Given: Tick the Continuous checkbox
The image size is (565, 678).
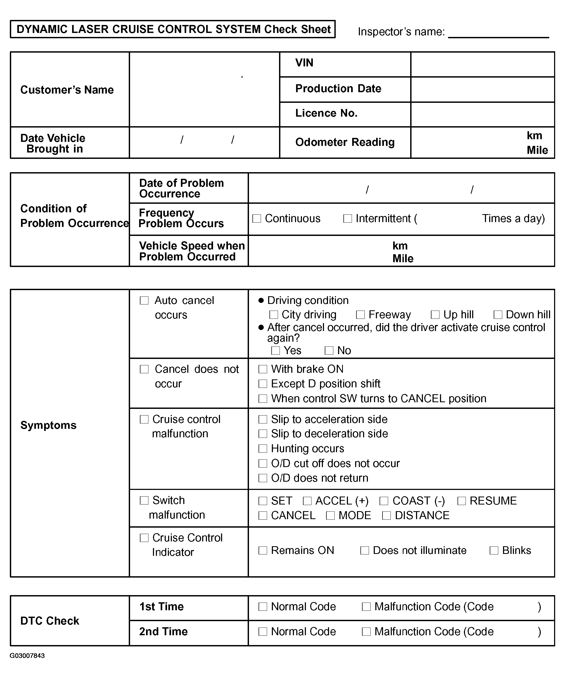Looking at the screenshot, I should [257, 219].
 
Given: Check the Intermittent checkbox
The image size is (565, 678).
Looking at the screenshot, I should [347, 219].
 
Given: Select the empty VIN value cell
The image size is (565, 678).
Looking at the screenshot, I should [482, 64].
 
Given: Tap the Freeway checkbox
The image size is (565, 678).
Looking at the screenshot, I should [360, 315].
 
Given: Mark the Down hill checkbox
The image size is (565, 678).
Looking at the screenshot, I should [498, 315].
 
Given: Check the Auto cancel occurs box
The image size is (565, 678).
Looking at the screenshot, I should [144, 300].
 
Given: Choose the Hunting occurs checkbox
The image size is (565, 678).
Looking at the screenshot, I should [263, 448].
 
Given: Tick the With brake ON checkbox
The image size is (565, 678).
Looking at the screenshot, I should [263, 369].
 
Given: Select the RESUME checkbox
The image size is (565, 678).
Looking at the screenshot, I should [462, 501].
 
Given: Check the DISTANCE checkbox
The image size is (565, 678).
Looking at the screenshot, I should [387, 515].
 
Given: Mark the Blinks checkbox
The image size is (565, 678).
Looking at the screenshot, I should [494, 550].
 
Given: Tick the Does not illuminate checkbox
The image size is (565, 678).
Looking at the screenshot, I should [365, 550].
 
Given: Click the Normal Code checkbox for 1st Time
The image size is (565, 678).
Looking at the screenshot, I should [263, 607].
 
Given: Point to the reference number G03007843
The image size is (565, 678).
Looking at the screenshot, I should [27, 656].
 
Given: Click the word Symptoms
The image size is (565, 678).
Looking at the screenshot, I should [48, 425].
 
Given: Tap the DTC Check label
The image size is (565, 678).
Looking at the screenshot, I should [50, 621].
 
